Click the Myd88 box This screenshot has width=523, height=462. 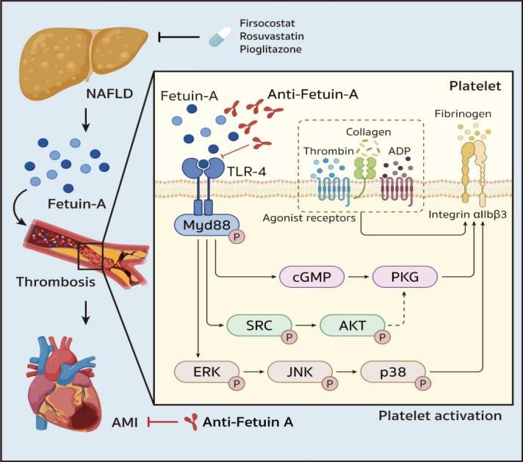point(201,223)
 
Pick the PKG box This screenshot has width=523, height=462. point(404,277)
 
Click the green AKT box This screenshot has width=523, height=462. point(352,324)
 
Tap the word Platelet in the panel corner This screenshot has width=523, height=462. point(477,87)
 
